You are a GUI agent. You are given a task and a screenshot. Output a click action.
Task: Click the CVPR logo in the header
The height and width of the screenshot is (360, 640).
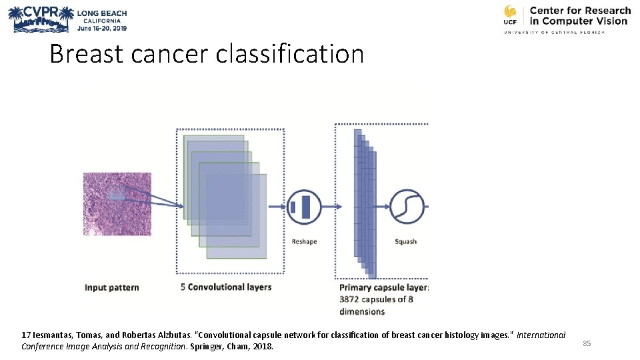(x=39, y=19)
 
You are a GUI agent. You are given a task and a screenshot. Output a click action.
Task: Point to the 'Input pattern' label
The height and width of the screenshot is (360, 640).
(x=111, y=287)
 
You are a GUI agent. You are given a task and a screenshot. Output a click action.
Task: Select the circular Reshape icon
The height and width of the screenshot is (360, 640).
(x=304, y=207)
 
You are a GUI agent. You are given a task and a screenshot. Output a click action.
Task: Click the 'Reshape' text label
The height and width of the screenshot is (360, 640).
(x=304, y=241)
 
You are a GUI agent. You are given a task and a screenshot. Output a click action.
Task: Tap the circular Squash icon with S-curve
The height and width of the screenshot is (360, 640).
(x=407, y=207)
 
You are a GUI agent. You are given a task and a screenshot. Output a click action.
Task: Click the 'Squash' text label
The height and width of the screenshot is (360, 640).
(x=405, y=241)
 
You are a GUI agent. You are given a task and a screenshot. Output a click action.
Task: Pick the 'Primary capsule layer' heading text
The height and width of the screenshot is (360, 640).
(x=383, y=287)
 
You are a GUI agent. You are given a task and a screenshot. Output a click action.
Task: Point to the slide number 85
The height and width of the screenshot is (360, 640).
(x=587, y=343)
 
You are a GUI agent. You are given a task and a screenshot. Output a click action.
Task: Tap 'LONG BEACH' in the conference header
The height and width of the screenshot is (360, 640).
(x=101, y=13)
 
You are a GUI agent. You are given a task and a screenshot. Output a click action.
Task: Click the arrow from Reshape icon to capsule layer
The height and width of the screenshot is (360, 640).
(x=332, y=207)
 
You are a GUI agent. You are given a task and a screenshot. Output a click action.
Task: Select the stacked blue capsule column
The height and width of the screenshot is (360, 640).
(x=365, y=203)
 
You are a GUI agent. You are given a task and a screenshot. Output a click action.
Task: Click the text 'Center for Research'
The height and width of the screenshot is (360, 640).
(x=579, y=11)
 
